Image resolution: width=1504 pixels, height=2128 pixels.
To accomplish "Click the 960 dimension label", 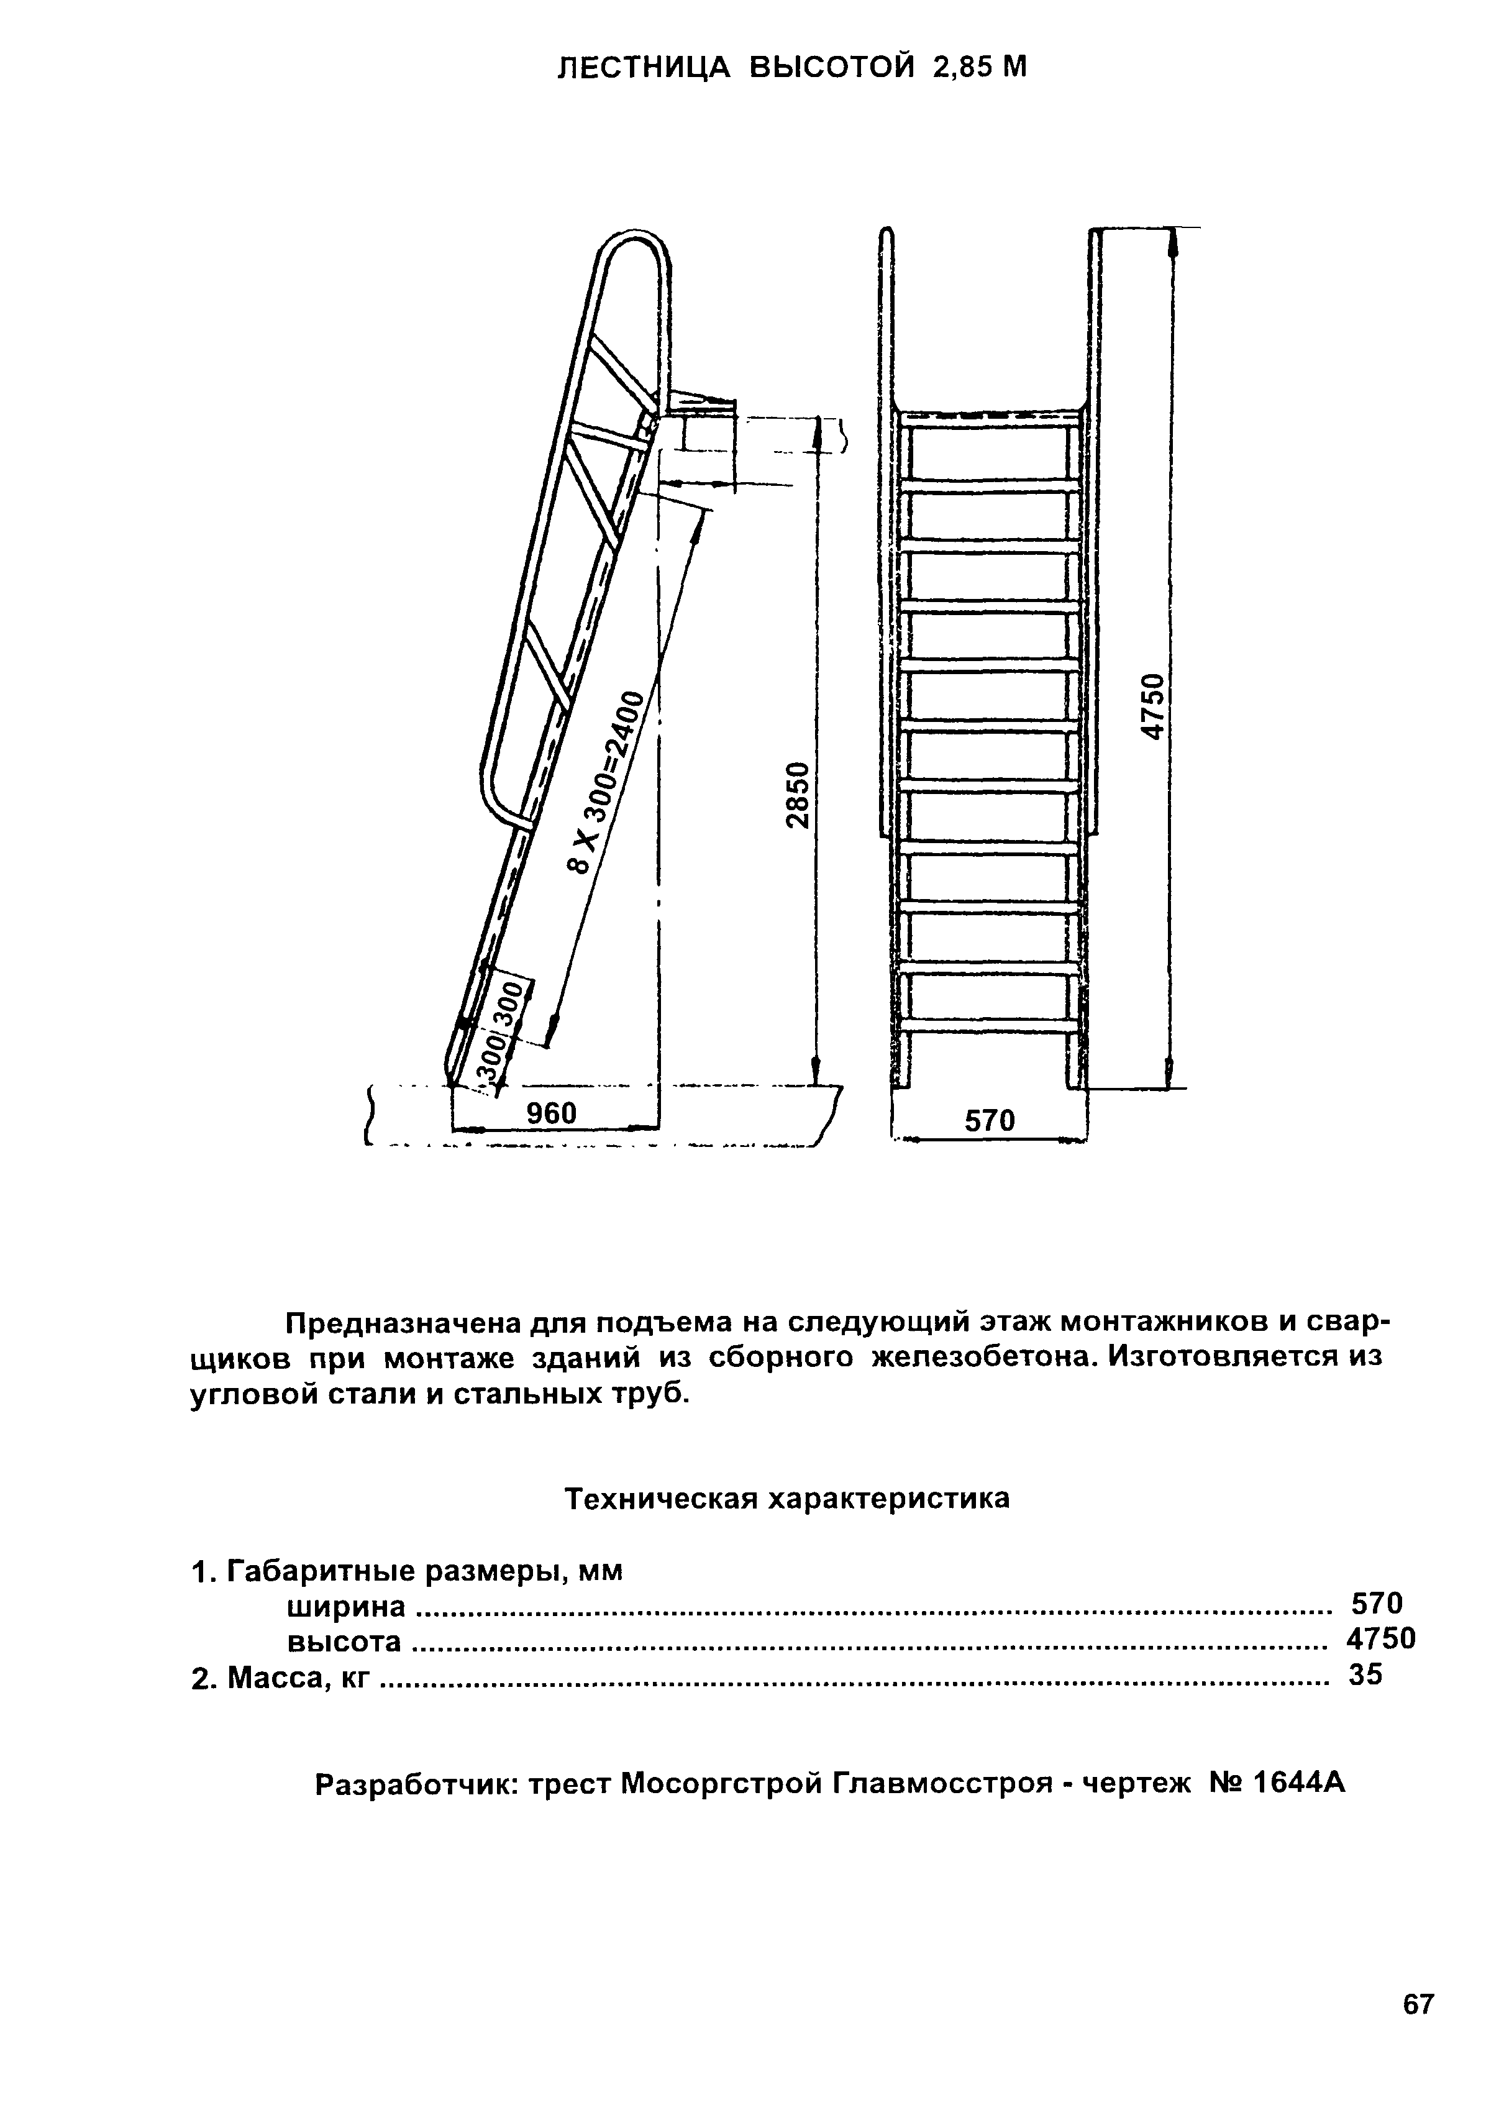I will coord(552,1113).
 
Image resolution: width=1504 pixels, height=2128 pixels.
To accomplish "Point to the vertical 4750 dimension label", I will coord(1151,706).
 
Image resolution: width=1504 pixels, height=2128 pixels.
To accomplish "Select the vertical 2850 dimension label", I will coord(797,795).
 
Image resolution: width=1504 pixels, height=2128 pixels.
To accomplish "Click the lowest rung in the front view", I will coord(989,1026).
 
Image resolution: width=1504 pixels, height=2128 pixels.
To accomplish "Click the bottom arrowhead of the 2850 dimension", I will coord(816,1071).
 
